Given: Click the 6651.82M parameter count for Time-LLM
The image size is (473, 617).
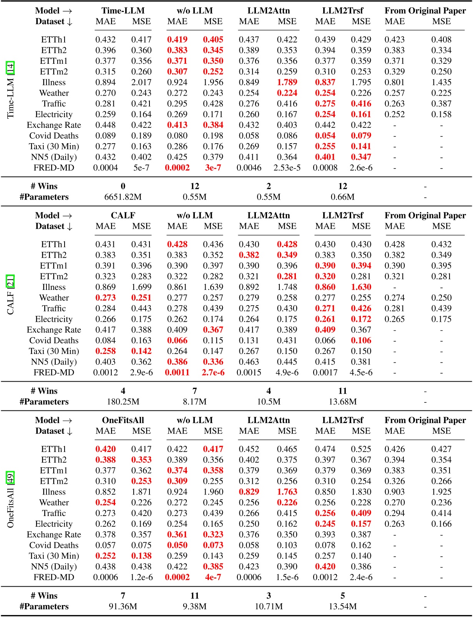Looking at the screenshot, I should [123, 197].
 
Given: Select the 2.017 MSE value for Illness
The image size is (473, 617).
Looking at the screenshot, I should [141, 83].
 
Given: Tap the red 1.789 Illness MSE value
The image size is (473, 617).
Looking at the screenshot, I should [287, 83].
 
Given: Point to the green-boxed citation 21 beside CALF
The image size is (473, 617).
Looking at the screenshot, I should [11, 281].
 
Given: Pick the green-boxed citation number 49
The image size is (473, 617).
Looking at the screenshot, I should [11, 478].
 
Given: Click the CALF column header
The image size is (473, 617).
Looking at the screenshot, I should [123, 215].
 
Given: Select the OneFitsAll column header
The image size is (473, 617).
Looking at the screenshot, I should [123, 420].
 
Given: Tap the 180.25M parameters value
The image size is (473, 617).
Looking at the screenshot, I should [123, 402].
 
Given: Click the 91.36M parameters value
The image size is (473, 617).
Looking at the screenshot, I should [123, 607].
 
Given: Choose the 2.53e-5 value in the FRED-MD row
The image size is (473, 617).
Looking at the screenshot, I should [287, 168].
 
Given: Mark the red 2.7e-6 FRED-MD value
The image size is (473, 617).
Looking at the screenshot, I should [213, 372].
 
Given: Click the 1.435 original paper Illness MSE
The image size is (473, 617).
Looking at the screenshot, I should [441, 83].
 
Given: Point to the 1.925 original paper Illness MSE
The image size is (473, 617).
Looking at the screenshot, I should [441, 492].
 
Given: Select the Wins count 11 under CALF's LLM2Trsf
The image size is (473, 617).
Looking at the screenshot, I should [343, 391].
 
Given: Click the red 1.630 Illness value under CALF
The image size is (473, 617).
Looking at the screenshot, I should [361, 287].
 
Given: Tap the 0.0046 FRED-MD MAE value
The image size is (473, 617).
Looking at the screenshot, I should [249, 168].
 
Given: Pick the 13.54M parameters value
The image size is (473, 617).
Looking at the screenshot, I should [343, 607].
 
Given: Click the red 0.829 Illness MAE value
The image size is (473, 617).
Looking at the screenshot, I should [249, 492].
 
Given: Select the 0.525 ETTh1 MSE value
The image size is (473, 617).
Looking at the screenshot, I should [361, 449].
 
